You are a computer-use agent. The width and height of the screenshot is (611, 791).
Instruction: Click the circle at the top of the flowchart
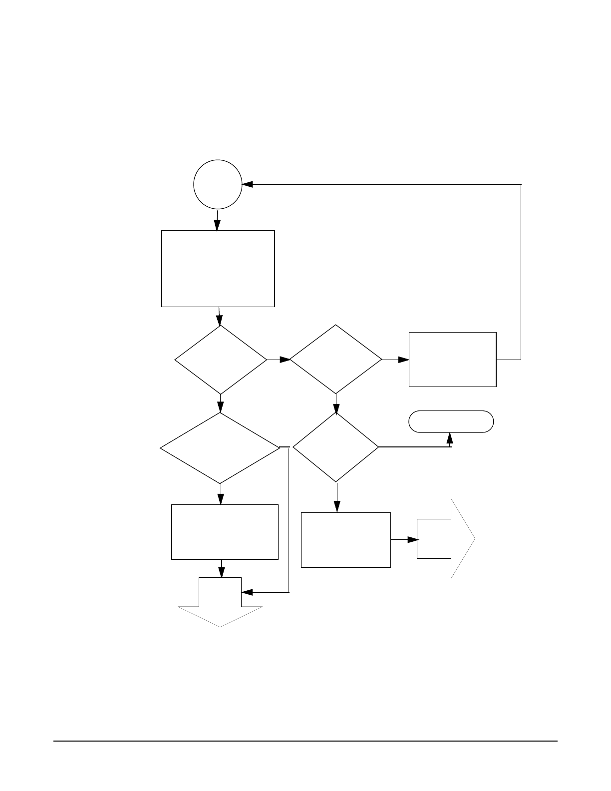click(218, 184)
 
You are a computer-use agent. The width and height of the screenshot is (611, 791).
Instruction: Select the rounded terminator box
click(451, 421)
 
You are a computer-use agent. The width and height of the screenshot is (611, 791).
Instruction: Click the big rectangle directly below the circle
click(218, 268)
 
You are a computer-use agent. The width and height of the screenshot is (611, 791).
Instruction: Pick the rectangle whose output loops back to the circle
click(452, 359)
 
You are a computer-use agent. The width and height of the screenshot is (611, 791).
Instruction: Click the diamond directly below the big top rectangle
click(220, 360)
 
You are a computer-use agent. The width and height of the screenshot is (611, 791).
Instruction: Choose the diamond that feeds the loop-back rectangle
click(336, 359)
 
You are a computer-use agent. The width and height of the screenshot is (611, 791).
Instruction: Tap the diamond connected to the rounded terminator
click(335, 447)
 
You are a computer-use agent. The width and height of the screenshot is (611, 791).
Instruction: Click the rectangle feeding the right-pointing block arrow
click(345, 540)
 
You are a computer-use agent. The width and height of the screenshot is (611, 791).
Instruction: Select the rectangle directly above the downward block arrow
click(225, 532)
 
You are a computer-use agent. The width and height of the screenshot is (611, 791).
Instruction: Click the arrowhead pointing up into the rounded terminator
click(450, 438)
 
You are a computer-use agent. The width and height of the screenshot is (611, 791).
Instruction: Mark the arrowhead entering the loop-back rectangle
click(403, 359)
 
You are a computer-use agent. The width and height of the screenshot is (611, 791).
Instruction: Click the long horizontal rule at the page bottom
click(305, 741)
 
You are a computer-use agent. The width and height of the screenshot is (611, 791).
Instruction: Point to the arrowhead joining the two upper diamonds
click(285, 359)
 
